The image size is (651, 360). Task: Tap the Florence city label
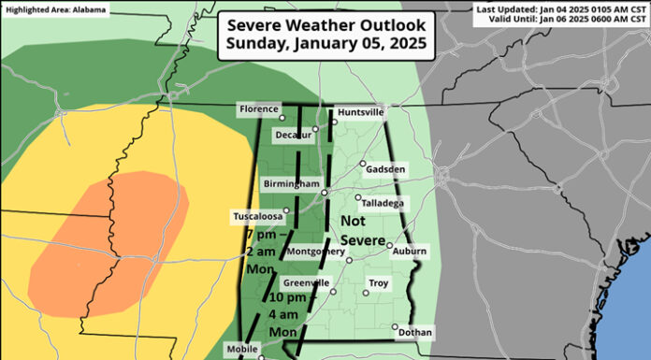coord(258,109)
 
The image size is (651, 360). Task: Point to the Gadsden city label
coord(388,169)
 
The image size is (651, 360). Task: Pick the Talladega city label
coord(384,202)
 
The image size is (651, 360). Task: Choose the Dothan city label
coord(414,331)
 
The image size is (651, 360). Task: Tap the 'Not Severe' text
coord(362,230)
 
